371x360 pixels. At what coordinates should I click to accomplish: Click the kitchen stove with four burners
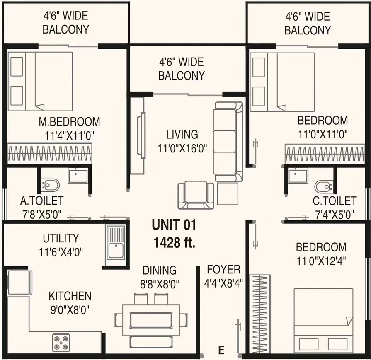point(61,343)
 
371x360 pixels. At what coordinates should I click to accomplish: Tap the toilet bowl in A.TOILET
point(50,185)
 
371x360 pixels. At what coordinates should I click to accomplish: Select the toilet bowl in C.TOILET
point(324,186)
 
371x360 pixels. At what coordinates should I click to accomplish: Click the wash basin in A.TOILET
point(78,176)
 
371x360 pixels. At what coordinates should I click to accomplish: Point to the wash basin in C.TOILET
point(298,176)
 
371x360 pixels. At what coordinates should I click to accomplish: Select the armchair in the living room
point(196,195)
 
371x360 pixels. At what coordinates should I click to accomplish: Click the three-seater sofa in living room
point(228,142)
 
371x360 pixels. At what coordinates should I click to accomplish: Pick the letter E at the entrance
point(221,350)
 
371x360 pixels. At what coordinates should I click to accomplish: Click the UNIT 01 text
point(174,225)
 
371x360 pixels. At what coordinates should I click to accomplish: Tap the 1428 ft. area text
point(175,242)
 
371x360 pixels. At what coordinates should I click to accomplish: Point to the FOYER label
point(223,269)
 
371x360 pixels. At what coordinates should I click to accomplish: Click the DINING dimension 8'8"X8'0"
point(160,284)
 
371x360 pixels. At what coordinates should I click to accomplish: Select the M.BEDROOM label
point(69,121)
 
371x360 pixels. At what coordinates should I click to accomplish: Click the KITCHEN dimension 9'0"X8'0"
point(70,309)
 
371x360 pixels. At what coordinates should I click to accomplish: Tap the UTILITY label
point(61,238)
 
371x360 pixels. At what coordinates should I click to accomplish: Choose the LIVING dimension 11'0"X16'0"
point(182,149)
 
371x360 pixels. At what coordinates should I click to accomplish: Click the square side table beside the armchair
point(228,194)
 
